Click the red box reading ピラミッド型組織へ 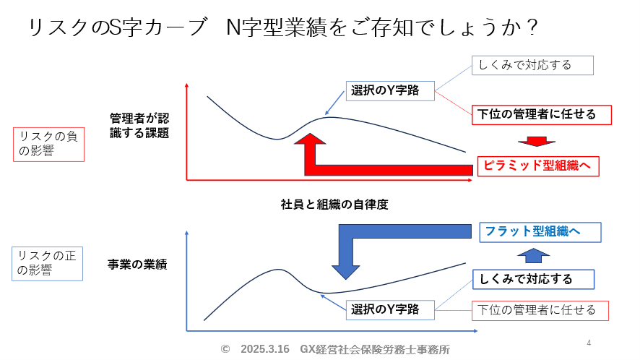pos(538,166)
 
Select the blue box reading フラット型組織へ pos(540,232)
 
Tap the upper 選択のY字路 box pos(390,90)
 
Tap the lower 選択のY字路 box pos(390,309)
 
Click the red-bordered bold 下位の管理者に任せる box pos(542,115)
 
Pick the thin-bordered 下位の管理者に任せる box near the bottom pos(540,311)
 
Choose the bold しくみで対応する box pos(534,280)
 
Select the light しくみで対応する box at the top pos(532,65)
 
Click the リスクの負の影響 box pos(48,145)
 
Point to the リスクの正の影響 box pos(48,264)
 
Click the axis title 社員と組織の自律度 pos(334,205)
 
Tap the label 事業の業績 pos(137,265)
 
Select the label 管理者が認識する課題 pos(139,126)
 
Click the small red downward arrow pos(536,142)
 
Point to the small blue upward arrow pos(534,255)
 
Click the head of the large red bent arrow pos(310,140)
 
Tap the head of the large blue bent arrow pos(346,272)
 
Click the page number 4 pos(589,343)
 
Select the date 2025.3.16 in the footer pos(265,349)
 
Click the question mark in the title pos(532,27)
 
